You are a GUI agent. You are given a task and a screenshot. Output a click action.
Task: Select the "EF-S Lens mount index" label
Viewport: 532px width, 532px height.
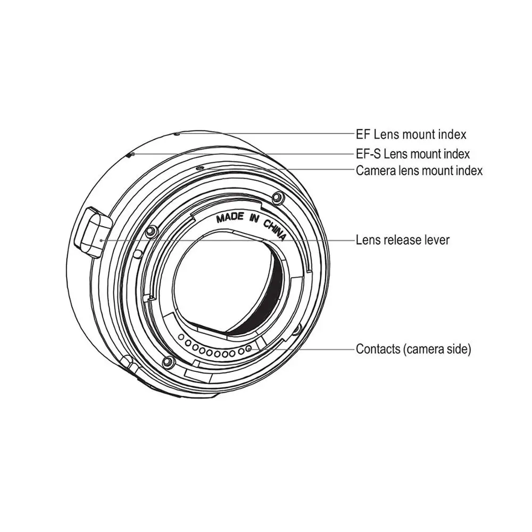pyautogui.click(x=413, y=154)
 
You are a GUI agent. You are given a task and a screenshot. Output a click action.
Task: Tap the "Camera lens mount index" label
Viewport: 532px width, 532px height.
pyautogui.click(x=419, y=171)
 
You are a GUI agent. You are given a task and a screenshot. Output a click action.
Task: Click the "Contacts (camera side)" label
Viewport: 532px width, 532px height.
pyautogui.click(x=413, y=350)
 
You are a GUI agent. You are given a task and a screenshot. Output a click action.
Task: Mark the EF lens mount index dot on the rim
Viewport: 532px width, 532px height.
pyautogui.click(x=177, y=134)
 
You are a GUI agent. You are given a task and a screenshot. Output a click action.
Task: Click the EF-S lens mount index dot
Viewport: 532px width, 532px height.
pyautogui.click(x=131, y=154)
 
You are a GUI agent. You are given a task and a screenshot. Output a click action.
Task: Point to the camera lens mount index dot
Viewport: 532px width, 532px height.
pyautogui.click(x=198, y=167)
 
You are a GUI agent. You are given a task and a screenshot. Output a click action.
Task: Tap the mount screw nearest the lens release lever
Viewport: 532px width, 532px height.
pyautogui.click(x=151, y=230)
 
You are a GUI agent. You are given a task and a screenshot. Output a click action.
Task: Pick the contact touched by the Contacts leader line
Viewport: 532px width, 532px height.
pyautogui.click(x=248, y=350)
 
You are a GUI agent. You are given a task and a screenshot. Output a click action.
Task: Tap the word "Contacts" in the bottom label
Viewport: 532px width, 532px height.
pyautogui.click(x=377, y=350)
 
